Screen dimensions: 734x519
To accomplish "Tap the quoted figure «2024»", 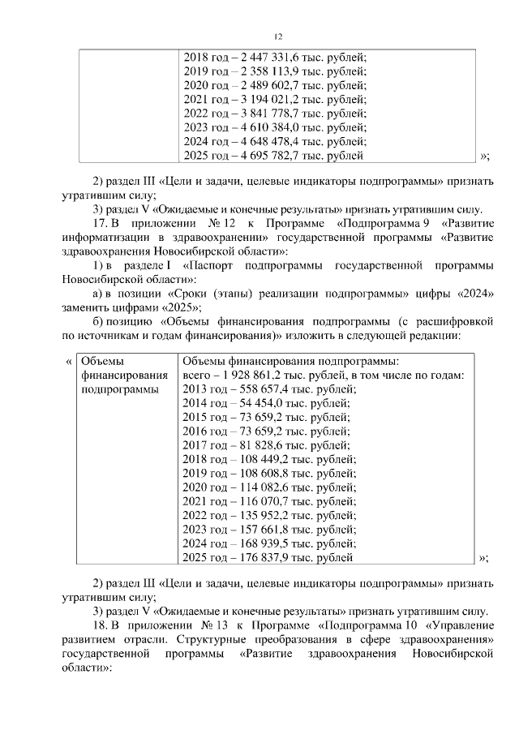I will [x=472, y=293].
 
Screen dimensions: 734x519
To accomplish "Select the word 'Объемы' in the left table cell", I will [x=102, y=361].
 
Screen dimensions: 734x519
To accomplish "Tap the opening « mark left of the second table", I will [x=68, y=361].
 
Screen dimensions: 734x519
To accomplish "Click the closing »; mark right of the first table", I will [x=484, y=156].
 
